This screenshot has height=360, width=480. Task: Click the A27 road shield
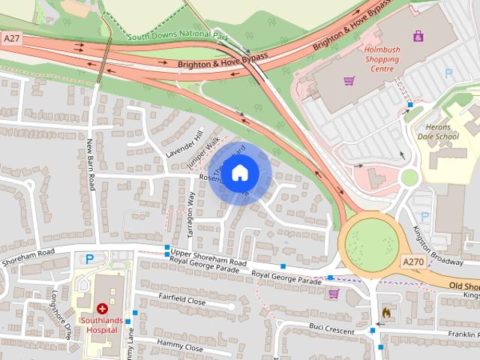(12, 37)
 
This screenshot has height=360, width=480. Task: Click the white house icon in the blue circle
(239, 173)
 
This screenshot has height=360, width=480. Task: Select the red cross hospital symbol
(102, 308)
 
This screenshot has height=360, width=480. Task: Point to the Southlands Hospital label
(103, 325)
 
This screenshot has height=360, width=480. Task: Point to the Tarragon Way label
(191, 216)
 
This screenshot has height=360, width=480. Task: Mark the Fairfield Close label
(182, 300)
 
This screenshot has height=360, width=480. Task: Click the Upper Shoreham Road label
(208, 258)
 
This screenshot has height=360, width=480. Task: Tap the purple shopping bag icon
(417, 35)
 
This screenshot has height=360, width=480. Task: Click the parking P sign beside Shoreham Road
(90, 259)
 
